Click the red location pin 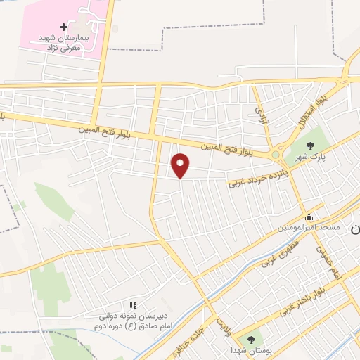pyautogui.click(x=181, y=166)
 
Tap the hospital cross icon pyautogui.click(x=64, y=27)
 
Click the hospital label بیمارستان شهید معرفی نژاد pyautogui.click(x=70, y=41)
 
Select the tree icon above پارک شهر pyautogui.click(x=310, y=146)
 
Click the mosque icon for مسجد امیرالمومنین pyautogui.click(x=309, y=217)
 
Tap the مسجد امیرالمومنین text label pyautogui.click(x=309, y=227)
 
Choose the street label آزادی pyautogui.click(x=261, y=113)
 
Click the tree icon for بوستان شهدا pyautogui.click(x=252, y=340)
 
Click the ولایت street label pyautogui.click(x=224, y=325)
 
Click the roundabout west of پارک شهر pyautogui.click(x=276, y=154)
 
